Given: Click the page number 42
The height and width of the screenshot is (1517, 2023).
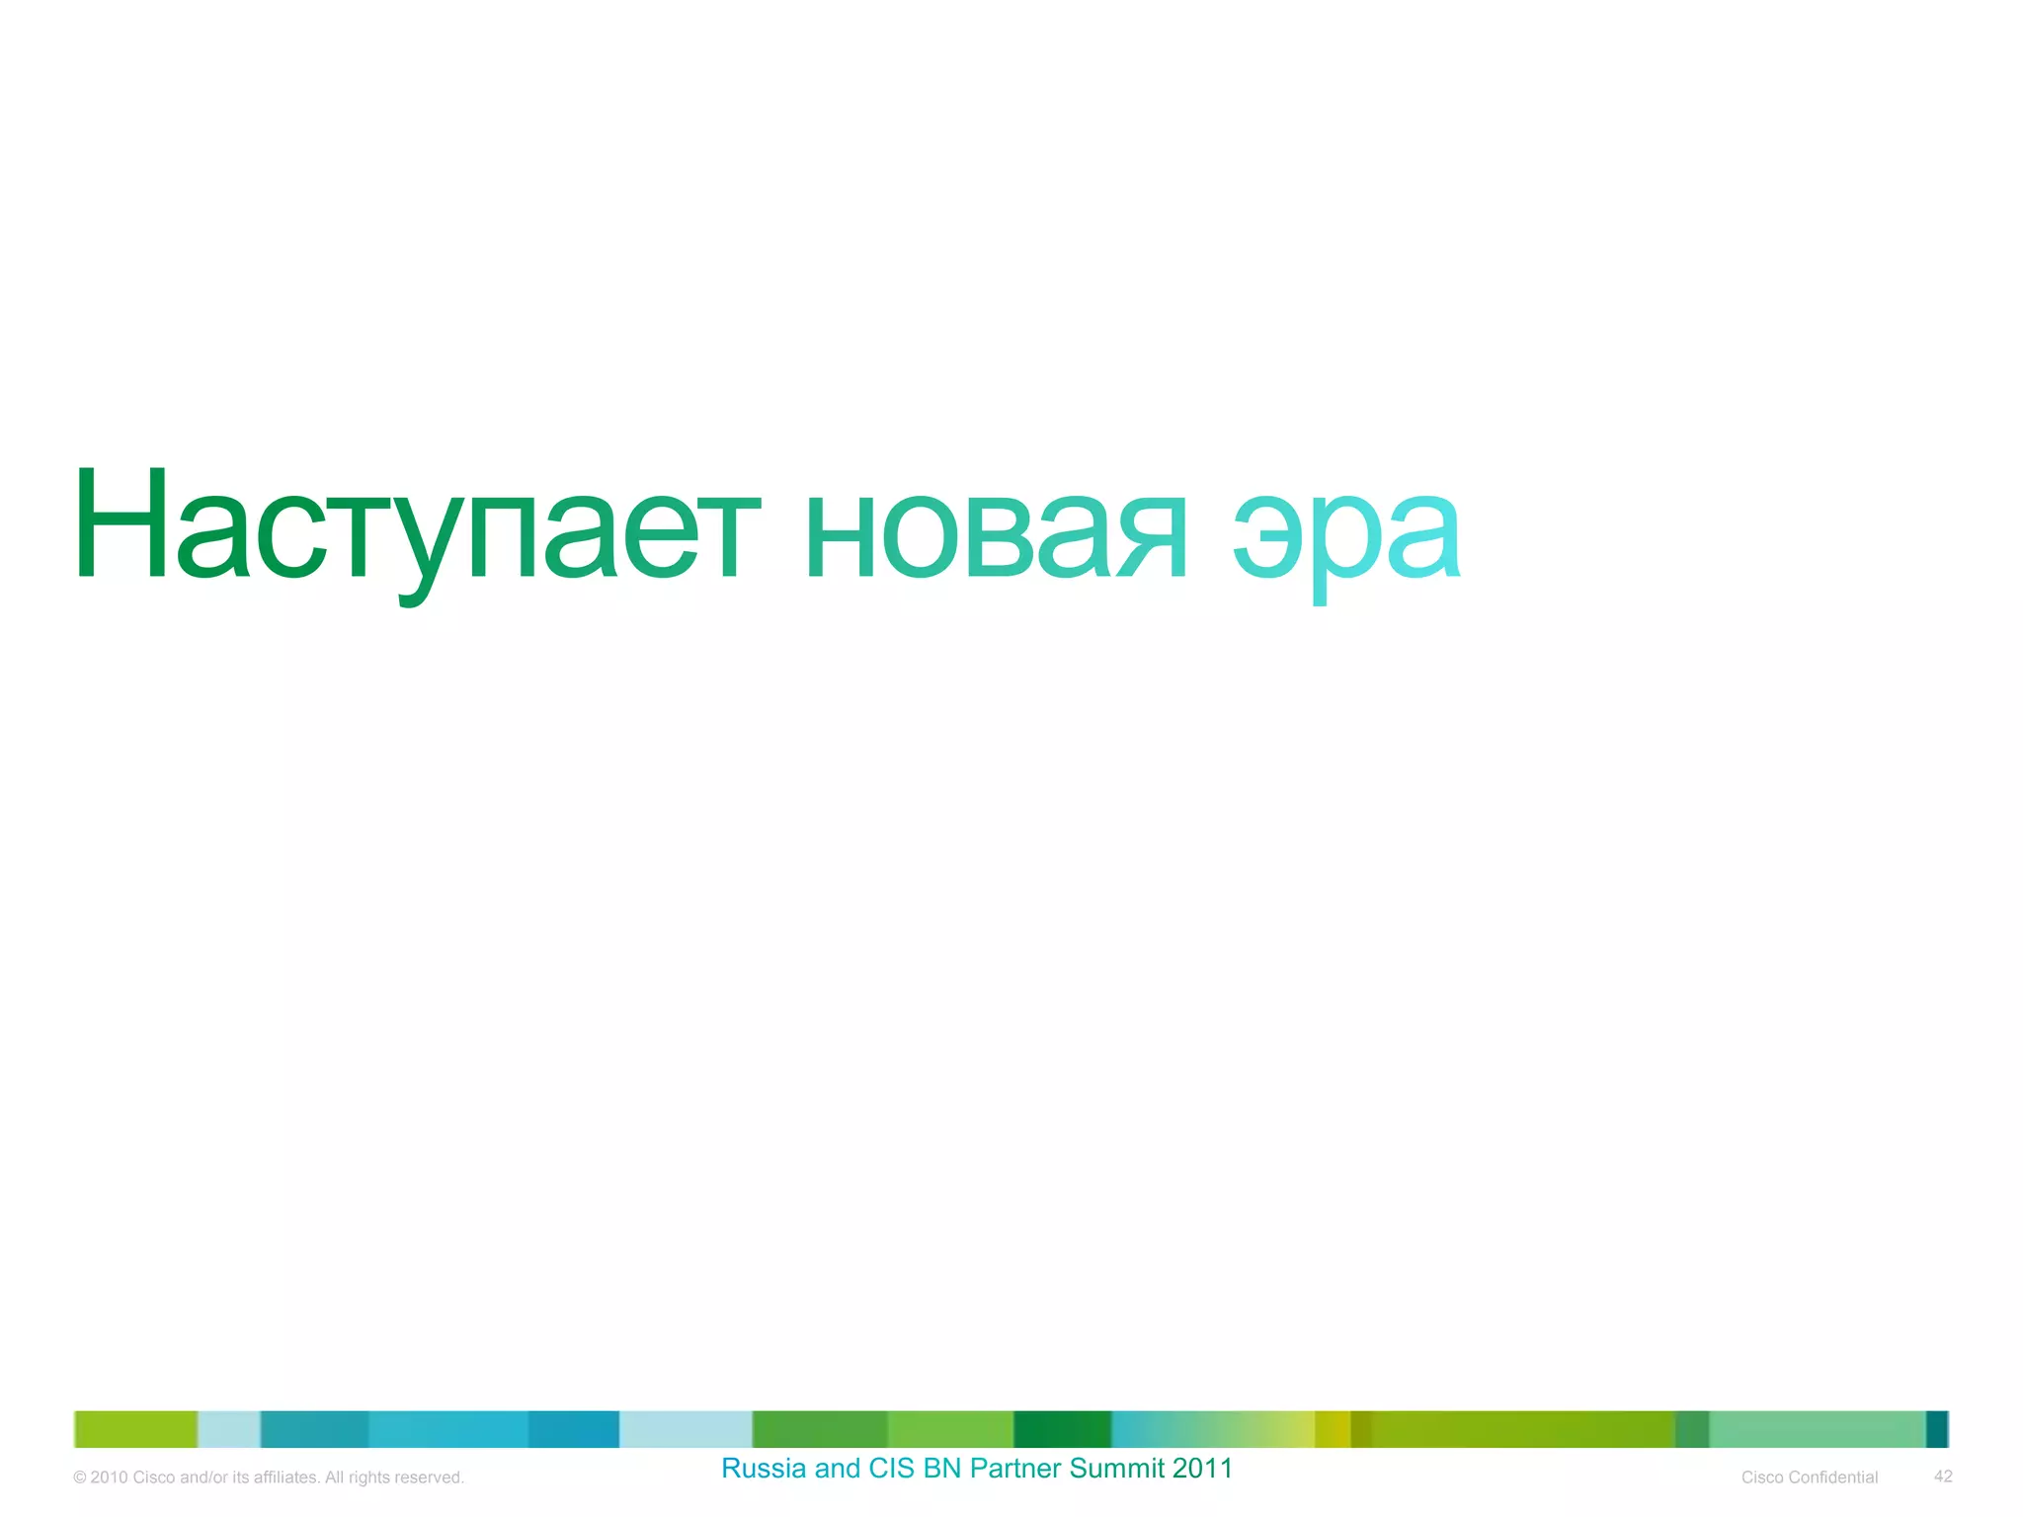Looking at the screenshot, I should click(x=1943, y=1477).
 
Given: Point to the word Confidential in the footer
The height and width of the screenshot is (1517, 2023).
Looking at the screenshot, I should click(x=1832, y=1477).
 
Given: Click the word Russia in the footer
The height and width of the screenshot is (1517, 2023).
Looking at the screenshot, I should click(x=764, y=1469).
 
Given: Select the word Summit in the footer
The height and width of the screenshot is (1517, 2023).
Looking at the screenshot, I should click(x=1117, y=1469).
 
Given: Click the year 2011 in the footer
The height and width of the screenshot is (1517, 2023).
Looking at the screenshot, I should click(x=1203, y=1469).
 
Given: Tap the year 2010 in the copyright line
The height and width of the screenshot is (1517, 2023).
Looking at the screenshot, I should click(x=109, y=1477).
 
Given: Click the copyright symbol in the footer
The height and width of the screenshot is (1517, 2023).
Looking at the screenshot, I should click(x=80, y=1477).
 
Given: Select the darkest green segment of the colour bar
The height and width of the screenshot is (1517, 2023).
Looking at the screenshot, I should click(x=1062, y=1429).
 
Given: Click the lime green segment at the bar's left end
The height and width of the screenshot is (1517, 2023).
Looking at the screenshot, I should click(x=136, y=1429).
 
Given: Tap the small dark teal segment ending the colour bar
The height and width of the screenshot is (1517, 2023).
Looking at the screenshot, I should click(x=1937, y=1429).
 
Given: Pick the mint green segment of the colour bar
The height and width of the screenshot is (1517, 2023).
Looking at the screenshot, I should click(x=1817, y=1429).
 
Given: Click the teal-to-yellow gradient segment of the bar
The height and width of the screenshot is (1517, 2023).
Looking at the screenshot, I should click(x=1213, y=1429).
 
